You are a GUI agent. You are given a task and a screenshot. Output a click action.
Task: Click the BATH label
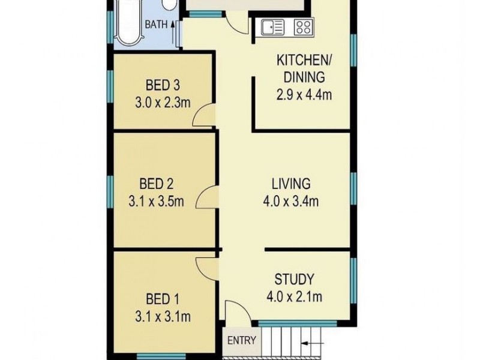coord(156,25)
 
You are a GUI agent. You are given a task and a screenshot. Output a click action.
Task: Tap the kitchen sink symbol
coord(272,27)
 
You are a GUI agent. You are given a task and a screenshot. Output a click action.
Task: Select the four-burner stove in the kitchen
coord(304,26)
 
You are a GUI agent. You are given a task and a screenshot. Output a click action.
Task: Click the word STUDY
coord(294,279)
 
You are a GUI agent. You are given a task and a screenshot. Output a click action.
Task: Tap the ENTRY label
coord(242,341)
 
